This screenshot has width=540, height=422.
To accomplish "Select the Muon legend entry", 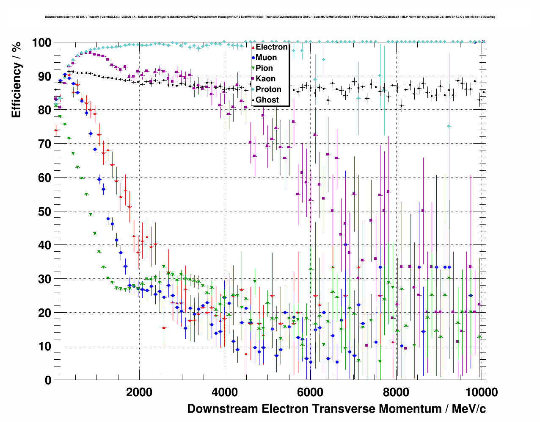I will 266,58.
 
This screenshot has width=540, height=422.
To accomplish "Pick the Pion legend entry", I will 264,68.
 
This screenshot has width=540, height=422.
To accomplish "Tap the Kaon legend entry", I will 265,79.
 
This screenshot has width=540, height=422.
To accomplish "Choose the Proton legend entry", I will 268,89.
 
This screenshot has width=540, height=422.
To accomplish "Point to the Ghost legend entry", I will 267,100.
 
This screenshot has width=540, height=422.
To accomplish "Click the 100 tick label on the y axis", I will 41,43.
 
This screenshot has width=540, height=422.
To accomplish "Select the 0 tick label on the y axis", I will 48,380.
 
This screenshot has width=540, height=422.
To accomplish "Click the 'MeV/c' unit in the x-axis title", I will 468,409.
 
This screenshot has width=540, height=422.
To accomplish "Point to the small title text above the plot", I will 270,17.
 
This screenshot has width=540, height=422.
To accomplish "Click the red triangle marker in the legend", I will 253,47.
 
